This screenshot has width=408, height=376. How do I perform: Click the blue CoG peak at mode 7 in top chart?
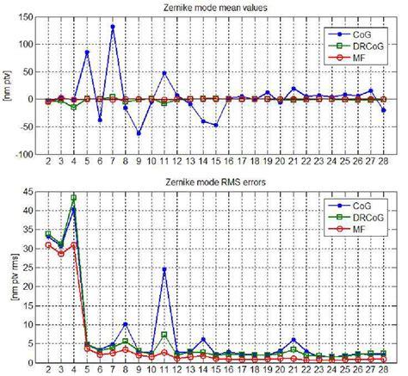(113, 27)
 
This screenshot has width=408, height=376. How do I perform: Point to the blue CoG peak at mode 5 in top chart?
(87, 52)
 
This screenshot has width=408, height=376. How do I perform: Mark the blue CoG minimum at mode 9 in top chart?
(139, 133)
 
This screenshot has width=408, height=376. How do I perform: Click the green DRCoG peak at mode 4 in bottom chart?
(73, 198)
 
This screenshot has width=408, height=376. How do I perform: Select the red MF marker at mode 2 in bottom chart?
(48, 245)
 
